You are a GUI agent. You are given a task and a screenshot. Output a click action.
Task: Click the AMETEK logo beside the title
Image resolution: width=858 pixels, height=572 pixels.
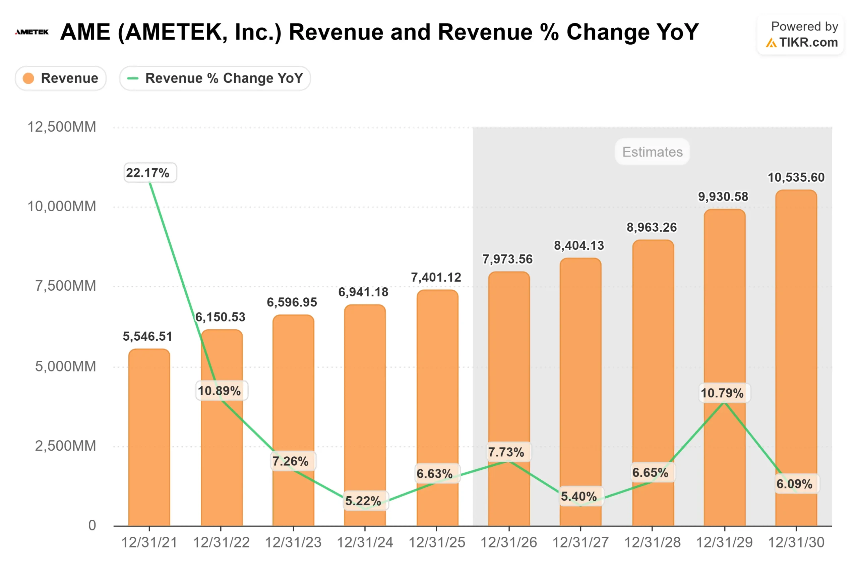[x=32, y=32]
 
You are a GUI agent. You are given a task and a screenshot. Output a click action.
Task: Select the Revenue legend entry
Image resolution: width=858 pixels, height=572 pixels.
[x=61, y=78]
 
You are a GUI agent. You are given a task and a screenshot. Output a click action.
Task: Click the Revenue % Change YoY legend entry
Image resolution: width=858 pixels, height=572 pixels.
[x=215, y=78]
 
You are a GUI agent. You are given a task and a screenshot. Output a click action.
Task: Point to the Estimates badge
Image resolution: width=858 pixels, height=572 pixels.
[x=652, y=152]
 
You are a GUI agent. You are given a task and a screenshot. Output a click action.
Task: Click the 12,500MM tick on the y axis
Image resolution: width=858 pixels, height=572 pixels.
[x=62, y=127]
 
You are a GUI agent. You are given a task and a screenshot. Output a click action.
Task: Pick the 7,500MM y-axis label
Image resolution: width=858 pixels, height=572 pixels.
[x=66, y=286]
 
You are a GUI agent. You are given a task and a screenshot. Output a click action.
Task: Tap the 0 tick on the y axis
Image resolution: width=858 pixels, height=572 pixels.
[x=92, y=525]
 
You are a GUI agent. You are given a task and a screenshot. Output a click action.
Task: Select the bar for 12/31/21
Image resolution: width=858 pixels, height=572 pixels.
[x=149, y=438]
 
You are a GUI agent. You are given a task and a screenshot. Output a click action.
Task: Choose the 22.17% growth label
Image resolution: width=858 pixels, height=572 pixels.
[x=148, y=173]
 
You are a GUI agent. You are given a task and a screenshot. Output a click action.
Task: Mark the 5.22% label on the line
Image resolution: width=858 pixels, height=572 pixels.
[x=363, y=501]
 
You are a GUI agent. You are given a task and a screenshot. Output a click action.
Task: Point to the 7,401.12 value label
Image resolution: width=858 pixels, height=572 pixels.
[x=436, y=277]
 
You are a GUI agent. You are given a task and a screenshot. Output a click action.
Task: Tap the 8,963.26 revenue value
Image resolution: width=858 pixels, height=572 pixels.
[x=652, y=227]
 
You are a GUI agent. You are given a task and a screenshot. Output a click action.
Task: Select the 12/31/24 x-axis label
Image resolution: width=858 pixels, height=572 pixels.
[x=365, y=542]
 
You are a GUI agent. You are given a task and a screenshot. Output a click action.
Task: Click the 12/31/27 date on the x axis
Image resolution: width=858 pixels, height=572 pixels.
[x=580, y=542]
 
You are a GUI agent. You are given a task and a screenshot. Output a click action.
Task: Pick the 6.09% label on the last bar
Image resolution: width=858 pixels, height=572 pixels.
[x=795, y=484]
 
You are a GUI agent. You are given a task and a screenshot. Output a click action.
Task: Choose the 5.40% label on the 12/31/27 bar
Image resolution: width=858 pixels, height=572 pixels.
[x=579, y=496]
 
